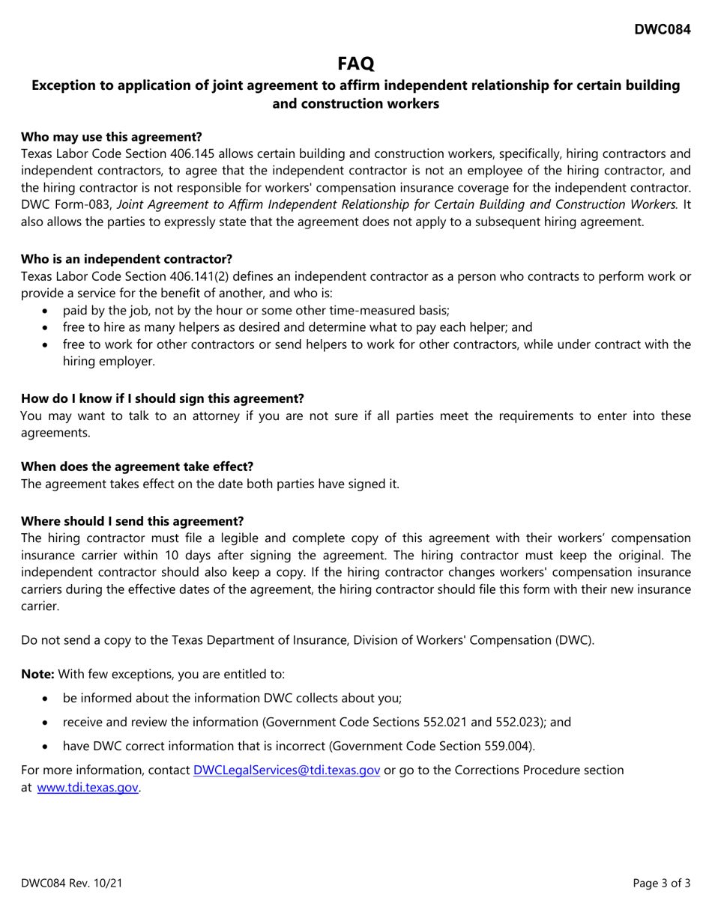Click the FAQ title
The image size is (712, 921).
(356, 63)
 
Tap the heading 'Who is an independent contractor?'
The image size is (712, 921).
(126, 259)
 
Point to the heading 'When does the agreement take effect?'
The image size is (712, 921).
(136, 466)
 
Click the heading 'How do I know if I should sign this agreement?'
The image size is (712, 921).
(162, 398)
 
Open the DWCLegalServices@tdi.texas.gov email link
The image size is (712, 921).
(286, 770)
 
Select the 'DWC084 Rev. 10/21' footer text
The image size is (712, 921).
(71, 884)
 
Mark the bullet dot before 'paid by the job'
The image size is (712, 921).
(48, 310)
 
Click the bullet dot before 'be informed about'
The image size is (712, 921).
(48, 699)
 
